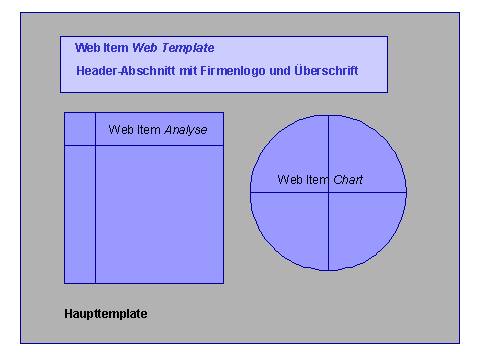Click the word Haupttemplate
(105, 314)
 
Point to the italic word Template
(189, 48)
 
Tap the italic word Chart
(348, 180)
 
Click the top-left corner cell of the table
(80, 129)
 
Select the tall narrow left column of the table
(80, 214)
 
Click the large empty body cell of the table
(159, 214)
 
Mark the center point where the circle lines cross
(328, 191)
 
